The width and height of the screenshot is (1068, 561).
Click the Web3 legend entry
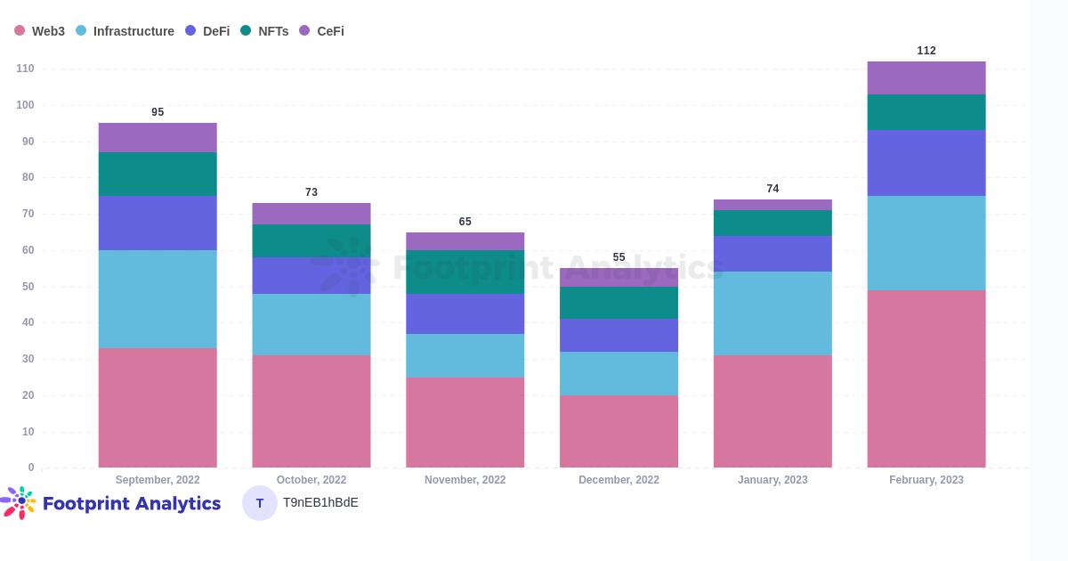coord(40,31)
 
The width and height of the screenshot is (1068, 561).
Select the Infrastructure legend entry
coord(125,31)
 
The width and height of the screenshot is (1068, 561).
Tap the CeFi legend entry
coord(322,31)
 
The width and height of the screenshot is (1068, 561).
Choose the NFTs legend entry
coord(265,31)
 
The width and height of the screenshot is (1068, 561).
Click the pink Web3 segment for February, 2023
coord(926,378)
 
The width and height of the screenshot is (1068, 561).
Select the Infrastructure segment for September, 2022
coord(158,299)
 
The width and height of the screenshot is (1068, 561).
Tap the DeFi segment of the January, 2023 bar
coord(773,254)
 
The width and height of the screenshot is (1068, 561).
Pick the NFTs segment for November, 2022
coord(465,272)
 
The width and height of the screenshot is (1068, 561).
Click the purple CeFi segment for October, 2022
coord(311,214)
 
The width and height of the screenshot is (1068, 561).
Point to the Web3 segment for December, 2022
coord(619,431)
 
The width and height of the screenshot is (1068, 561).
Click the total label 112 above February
coord(926,51)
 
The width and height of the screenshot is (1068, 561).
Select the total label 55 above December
coord(619,257)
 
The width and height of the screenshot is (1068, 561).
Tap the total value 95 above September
coord(158,112)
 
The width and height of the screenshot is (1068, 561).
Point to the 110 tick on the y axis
coord(25,69)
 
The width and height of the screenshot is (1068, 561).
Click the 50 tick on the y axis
coord(28,287)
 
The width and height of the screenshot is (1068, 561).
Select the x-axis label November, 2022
coord(465,480)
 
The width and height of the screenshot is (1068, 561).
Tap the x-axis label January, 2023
coord(773,480)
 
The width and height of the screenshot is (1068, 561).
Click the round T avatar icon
coord(260,503)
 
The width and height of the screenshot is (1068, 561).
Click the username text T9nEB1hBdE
coord(320,502)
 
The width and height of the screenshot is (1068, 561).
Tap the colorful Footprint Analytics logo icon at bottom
coord(20,502)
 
